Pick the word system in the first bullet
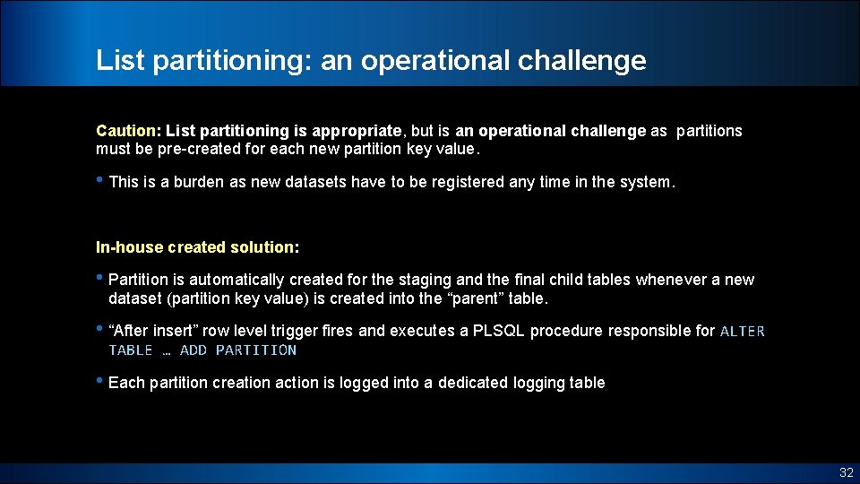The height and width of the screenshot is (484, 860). [x=646, y=182]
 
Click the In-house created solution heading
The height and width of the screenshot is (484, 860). [x=197, y=246]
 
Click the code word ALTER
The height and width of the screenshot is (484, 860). [x=743, y=332]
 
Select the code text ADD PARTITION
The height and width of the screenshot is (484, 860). [x=238, y=350]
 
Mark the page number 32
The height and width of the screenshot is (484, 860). [x=846, y=472]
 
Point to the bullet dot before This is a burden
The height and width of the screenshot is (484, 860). [x=100, y=180]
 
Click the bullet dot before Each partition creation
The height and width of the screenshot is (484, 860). [x=100, y=381]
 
